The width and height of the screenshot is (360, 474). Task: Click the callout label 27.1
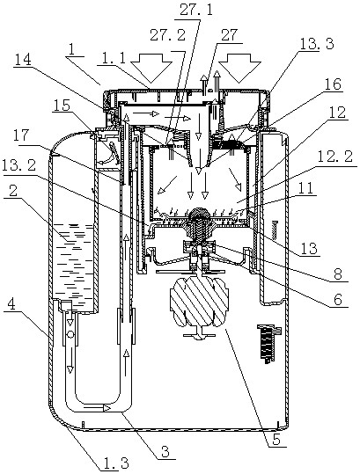[196, 11]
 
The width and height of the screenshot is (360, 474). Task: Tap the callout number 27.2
[167, 35]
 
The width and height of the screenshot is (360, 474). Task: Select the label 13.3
[317, 45]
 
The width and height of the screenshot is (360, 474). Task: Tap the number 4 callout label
[11, 305]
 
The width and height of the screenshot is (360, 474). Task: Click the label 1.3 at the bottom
[115, 463]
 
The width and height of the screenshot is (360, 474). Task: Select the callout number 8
[338, 273]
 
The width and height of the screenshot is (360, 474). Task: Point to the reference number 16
[333, 84]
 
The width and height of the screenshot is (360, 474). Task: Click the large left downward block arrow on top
[151, 68]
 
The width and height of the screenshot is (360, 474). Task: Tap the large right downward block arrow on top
[239, 68]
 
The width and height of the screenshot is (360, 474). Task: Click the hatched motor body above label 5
[198, 303]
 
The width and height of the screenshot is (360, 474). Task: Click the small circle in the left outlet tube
[70, 335]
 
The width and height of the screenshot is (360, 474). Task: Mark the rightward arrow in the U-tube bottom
[96, 408]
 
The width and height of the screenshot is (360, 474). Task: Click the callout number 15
[61, 106]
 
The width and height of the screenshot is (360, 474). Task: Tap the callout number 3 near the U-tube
[165, 451]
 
